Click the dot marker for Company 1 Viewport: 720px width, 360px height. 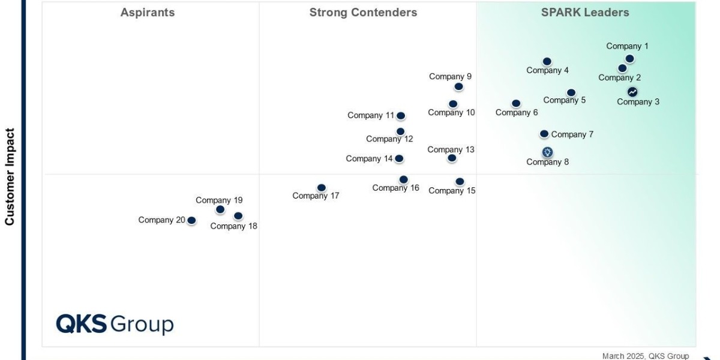click(x=629, y=59)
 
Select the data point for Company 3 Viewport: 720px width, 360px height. click(x=632, y=92)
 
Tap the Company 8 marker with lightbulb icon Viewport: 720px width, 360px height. click(x=547, y=152)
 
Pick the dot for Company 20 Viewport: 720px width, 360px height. click(x=191, y=221)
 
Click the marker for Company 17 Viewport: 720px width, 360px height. click(x=322, y=188)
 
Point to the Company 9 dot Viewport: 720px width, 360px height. click(x=458, y=86)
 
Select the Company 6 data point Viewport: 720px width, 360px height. click(x=516, y=104)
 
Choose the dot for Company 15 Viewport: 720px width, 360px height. click(x=460, y=182)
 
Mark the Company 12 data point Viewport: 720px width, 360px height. click(x=400, y=131)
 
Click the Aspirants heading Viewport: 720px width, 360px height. click(x=148, y=13)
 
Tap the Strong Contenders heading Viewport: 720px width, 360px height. click(x=363, y=13)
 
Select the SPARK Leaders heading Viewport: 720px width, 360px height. click(x=585, y=13)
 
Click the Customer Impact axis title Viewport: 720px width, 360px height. click(x=10, y=176)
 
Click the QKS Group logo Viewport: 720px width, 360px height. click(x=115, y=324)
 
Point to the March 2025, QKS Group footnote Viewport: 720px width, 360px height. click(x=646, y=356)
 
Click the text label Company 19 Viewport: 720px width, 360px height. click(x=219, y=200)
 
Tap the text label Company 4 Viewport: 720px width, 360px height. click(x=547, y=70)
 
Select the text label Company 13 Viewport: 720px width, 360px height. click(x=451, y=149)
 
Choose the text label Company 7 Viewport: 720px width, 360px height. click(x=572, y=134)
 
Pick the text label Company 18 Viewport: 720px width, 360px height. click(x=233, y=226)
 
